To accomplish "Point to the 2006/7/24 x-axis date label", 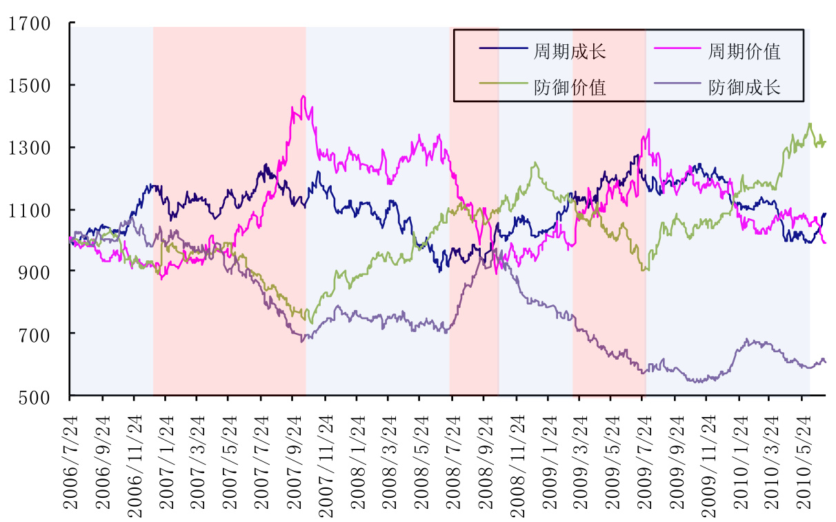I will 71,459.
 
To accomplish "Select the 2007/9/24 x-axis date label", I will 295,459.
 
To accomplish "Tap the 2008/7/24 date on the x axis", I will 455,459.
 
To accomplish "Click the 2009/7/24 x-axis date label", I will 646,459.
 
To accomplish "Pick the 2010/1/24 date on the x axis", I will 742,459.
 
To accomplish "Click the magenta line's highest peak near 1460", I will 303,97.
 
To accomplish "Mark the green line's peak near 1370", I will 810,124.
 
